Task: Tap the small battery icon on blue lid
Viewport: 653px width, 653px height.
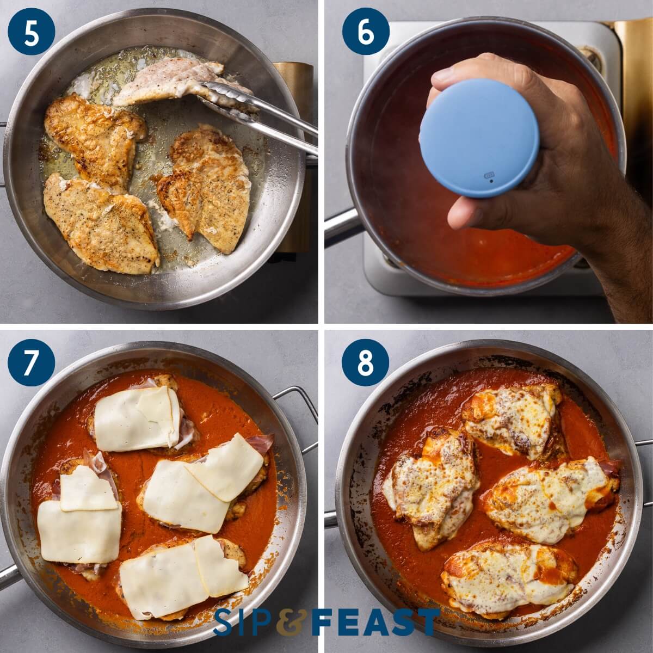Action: (x=489, y=175)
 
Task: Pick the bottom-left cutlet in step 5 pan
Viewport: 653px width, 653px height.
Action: (x=101, y=223)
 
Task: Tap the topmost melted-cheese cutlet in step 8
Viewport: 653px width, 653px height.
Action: (x=512, y=419)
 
